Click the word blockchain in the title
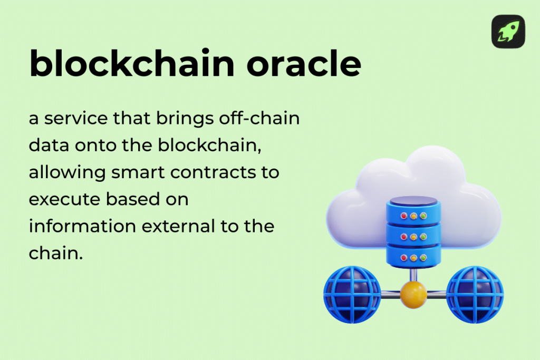pyautogui.click(x=131, y=64)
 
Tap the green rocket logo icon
pyautogui.click(x=508, y=32)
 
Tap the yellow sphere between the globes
pyautogui.click(x=413, y=295)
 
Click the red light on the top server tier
pyautogui.click(x=404, y=216)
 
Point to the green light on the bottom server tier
pyautogui.click(x=423, y=258)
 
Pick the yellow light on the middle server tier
pyautogui.click(x=413, y=237)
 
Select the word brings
pyautogui.click(x=184, y=119)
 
